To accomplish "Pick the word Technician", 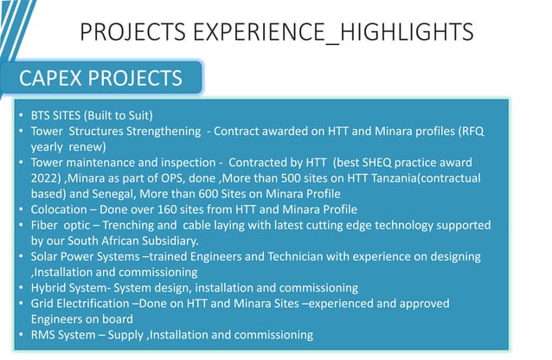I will tap(264, 256).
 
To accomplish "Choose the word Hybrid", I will tap(48, 287).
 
